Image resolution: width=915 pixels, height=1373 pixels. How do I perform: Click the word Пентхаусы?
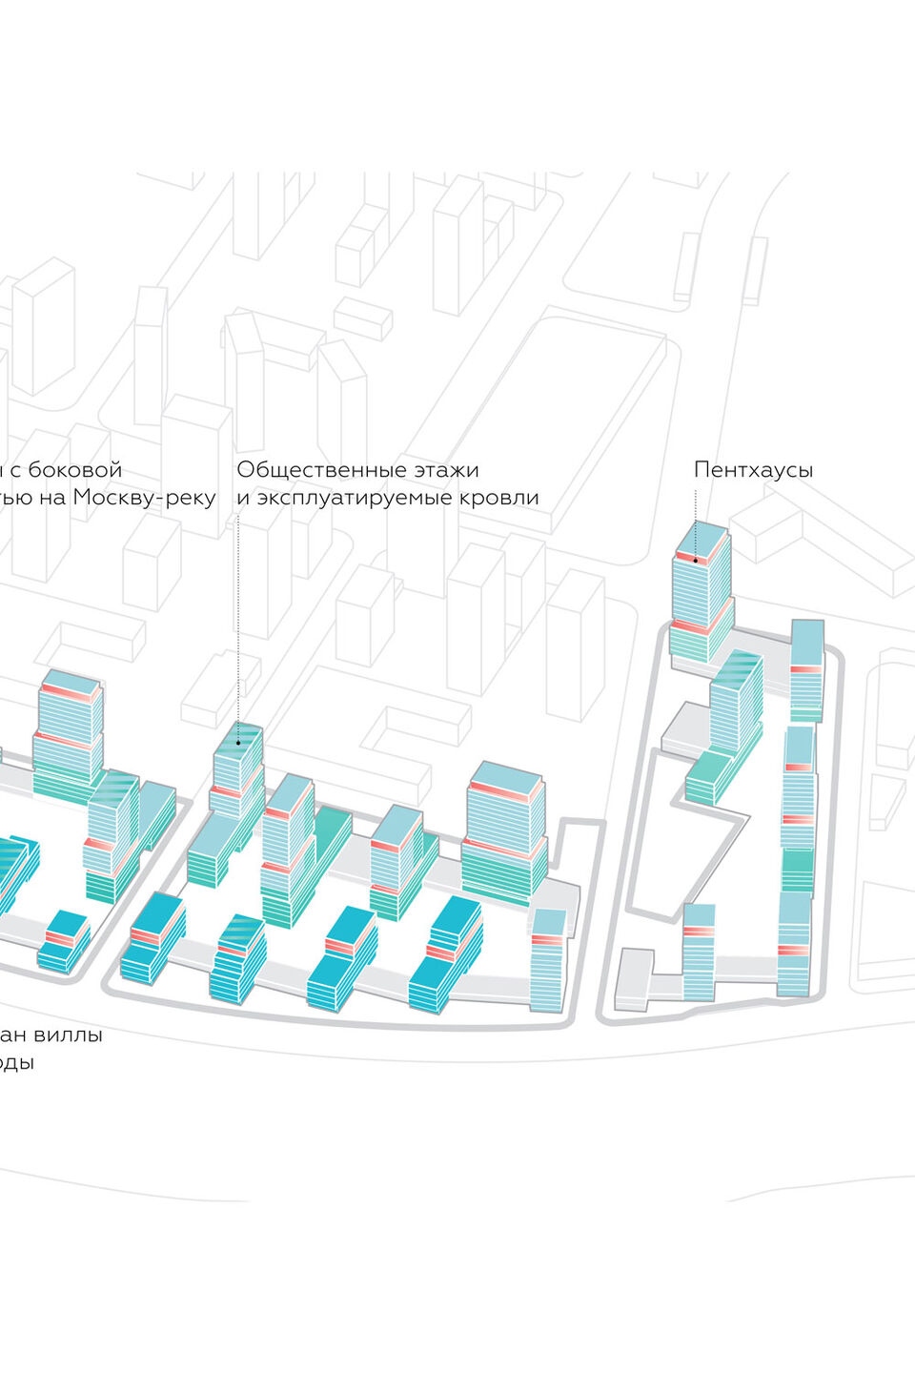pyautogui.click(x=753, y=470)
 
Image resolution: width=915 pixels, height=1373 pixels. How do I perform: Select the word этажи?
pyautogui.click(x=447, y=470)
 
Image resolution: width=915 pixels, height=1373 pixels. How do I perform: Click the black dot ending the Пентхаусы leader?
pyautogui.click(x=696, y=561)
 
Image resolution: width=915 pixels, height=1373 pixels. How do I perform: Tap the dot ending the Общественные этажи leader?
pyautogui.click(x=238, y=742)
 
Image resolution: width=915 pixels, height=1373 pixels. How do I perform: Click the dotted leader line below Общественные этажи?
pyautogui.click(x=238, y=620)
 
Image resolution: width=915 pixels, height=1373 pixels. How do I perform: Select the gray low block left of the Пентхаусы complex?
pyautogui.click(x=632, y=976)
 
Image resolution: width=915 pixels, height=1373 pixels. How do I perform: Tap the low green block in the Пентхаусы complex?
pyautogui.click(x=706, y=776)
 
